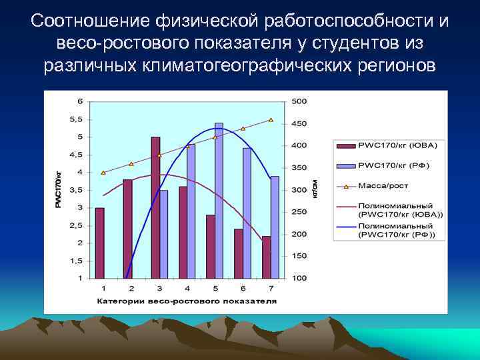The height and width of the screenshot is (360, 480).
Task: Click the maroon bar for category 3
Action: pos(155,207)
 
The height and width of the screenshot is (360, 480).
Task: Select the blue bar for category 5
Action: pos(219,200)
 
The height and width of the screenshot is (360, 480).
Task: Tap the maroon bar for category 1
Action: pos(100,243)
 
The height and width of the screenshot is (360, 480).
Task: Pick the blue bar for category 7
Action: pos(275,227)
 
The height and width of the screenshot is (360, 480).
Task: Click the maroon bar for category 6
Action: pos(239,253)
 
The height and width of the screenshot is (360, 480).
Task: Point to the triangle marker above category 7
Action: pos(271,120)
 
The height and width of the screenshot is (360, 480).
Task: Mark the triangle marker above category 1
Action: pos(103,173)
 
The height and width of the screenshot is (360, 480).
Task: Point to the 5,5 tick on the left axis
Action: pos(77,119)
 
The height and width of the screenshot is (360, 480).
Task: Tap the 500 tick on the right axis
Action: pos(299,101)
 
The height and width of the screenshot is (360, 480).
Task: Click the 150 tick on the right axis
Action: pos(299,256)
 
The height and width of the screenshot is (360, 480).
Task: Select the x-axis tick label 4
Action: pos(187,288)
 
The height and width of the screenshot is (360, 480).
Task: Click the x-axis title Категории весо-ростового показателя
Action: pos(186,301)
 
